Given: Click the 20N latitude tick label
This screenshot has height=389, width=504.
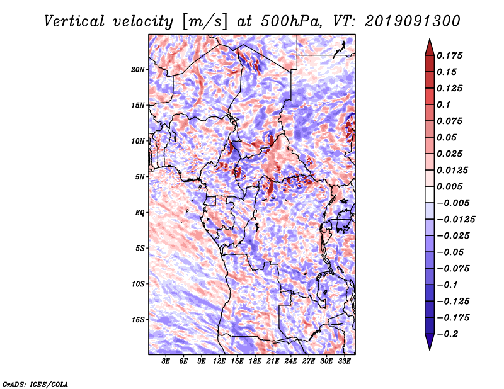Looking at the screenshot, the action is pos(138,70).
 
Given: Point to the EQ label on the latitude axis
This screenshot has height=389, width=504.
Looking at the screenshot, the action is pos(140,213).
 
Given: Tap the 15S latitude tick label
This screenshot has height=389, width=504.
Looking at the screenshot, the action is pos(138,320).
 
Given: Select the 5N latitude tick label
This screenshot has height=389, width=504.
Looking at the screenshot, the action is pos(140,177).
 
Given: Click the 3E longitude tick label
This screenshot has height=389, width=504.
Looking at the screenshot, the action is pos(166,361).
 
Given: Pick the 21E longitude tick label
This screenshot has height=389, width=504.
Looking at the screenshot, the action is pos(273,361).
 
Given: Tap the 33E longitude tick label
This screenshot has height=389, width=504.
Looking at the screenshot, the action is pos(344,361).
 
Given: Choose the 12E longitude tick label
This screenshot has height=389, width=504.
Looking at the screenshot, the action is pos(219,361).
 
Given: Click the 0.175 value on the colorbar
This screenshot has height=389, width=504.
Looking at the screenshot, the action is pos(449,55).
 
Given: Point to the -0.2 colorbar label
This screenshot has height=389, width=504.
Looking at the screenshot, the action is pos(447,334).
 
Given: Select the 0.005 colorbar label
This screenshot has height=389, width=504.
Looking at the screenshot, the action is pos(449,186).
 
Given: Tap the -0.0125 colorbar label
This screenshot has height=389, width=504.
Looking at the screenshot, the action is pos(455,220).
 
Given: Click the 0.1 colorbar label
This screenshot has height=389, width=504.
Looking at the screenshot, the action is pos(444,104).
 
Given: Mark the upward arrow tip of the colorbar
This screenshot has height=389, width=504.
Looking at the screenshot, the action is pos(430,39).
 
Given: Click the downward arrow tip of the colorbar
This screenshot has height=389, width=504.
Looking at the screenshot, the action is pos(430,349).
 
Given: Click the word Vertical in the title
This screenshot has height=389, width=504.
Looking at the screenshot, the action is pos(74,21).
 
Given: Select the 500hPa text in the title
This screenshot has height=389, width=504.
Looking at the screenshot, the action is pos(291,21).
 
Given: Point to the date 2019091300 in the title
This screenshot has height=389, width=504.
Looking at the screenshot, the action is pos(413,21).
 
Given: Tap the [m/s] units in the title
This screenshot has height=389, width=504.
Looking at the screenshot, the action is pos(205,22).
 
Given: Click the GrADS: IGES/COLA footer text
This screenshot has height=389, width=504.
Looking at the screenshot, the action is pos(35,385).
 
